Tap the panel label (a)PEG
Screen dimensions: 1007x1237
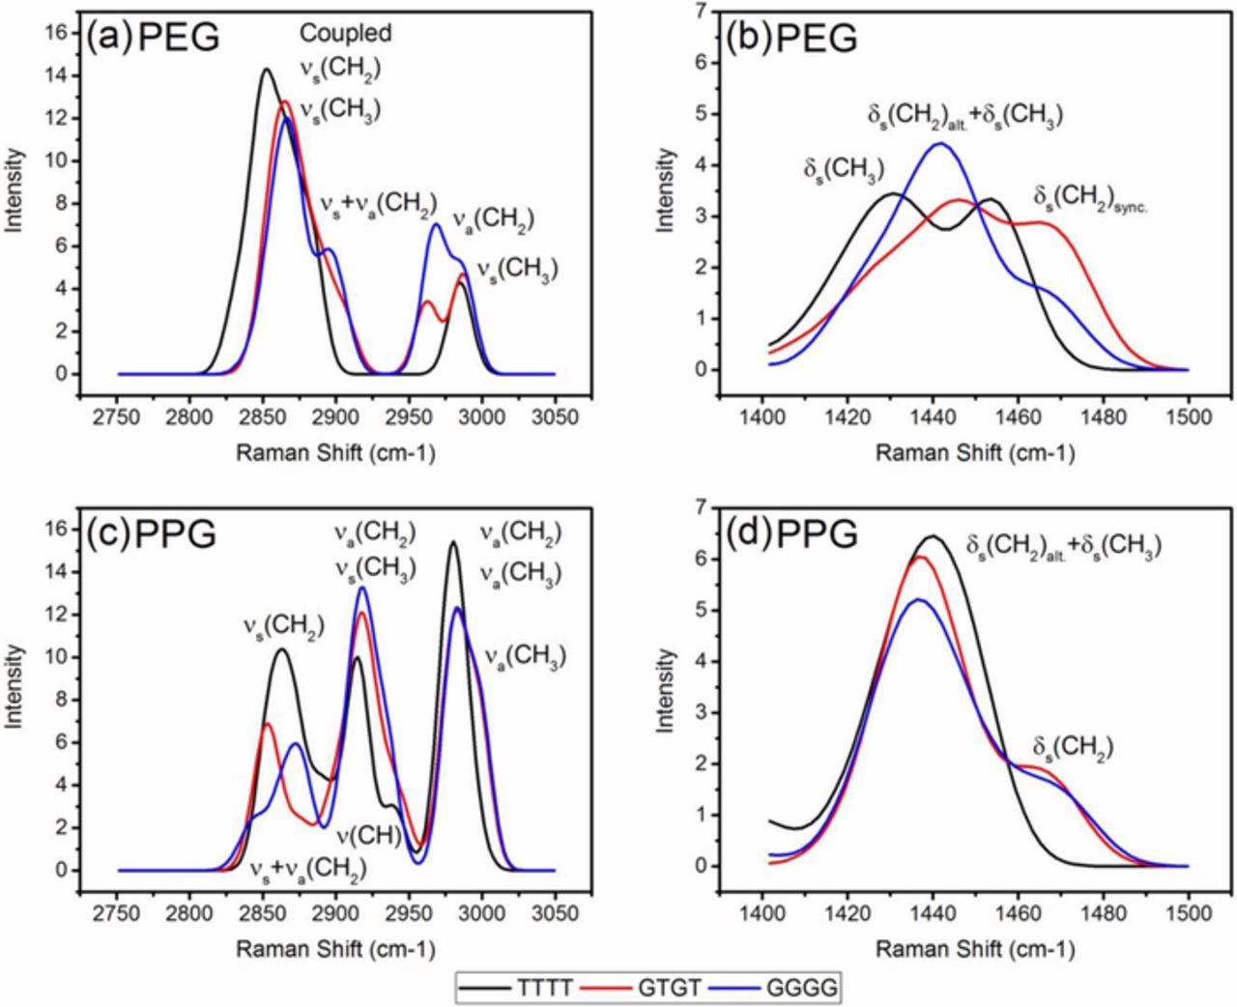coord(153,39)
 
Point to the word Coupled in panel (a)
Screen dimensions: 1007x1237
coord(345,34)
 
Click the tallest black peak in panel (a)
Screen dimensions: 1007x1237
coord(266,70)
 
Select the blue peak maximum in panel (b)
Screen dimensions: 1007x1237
coord(939,143)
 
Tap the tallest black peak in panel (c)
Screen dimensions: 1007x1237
coord(453,542)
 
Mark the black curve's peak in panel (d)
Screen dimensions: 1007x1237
coord(934,536)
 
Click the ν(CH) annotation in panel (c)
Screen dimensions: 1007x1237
coord(368,835)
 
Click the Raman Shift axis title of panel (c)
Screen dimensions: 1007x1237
coord(335,949)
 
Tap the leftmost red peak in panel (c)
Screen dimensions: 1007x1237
coord(266,724)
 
